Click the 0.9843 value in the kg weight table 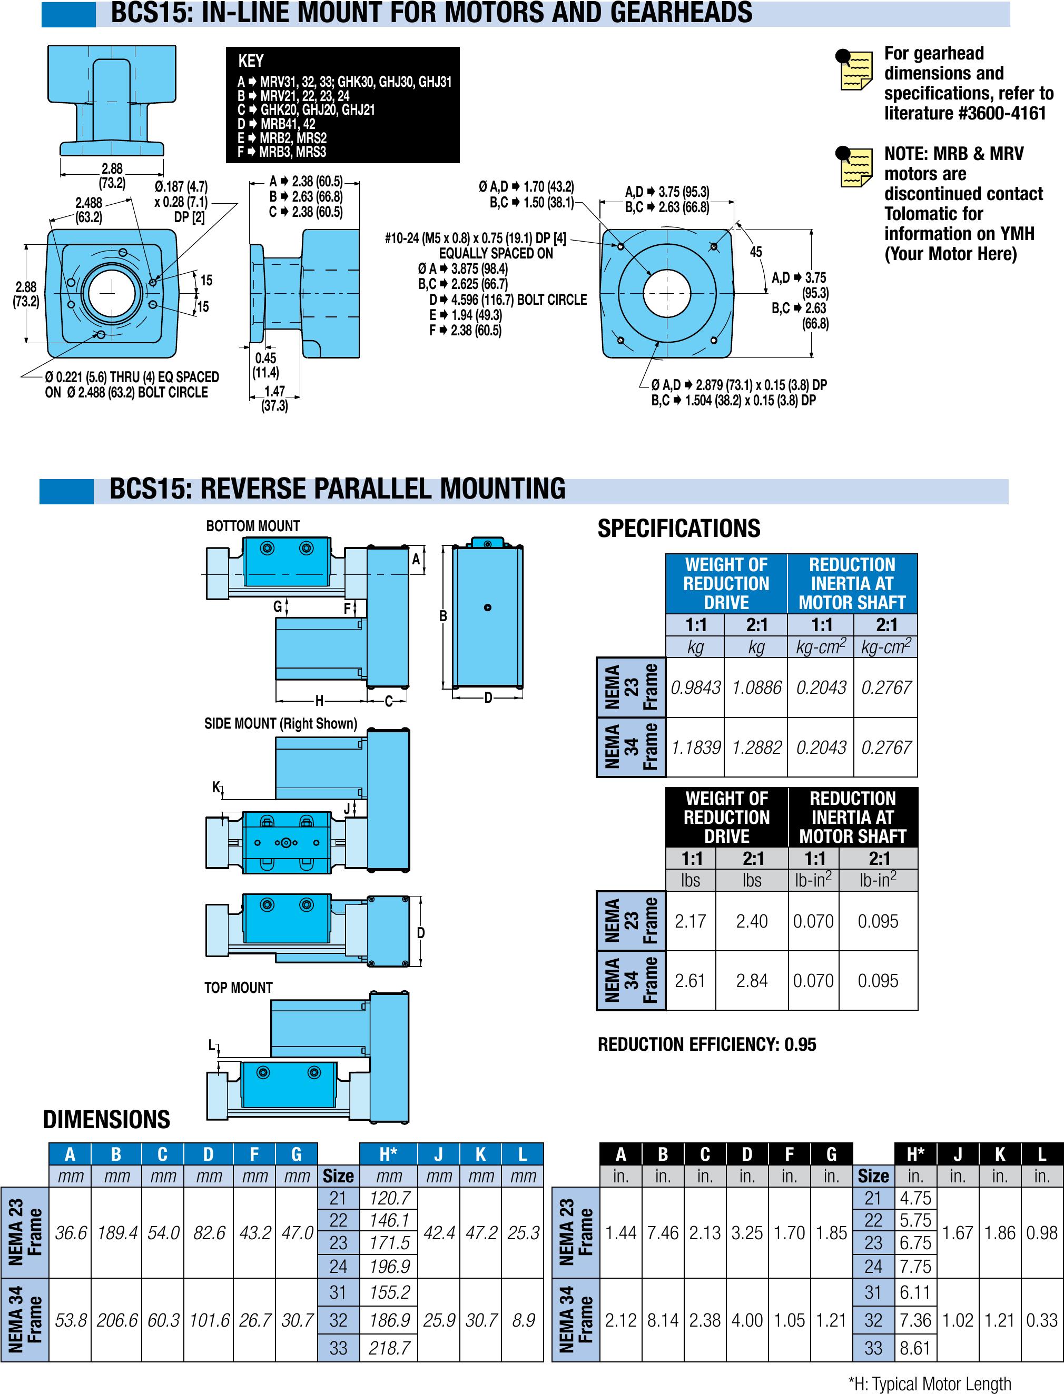tap(695, 688)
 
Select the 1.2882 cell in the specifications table tap(757, 748)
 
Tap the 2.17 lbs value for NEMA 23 tap(691, 921)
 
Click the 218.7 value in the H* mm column tap(389, 1348)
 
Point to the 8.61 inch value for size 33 tap(915, 1348)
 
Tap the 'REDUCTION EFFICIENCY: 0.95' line tap(707, 1044)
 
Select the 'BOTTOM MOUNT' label tap(253, 526)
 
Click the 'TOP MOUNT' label tap(238, 988)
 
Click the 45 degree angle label tap(755, 252)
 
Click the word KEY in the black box tap(251, 61)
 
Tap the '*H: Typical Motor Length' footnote tap(930, 1383)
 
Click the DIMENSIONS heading tap(106, 1119)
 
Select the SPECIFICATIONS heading tap(679, 528)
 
